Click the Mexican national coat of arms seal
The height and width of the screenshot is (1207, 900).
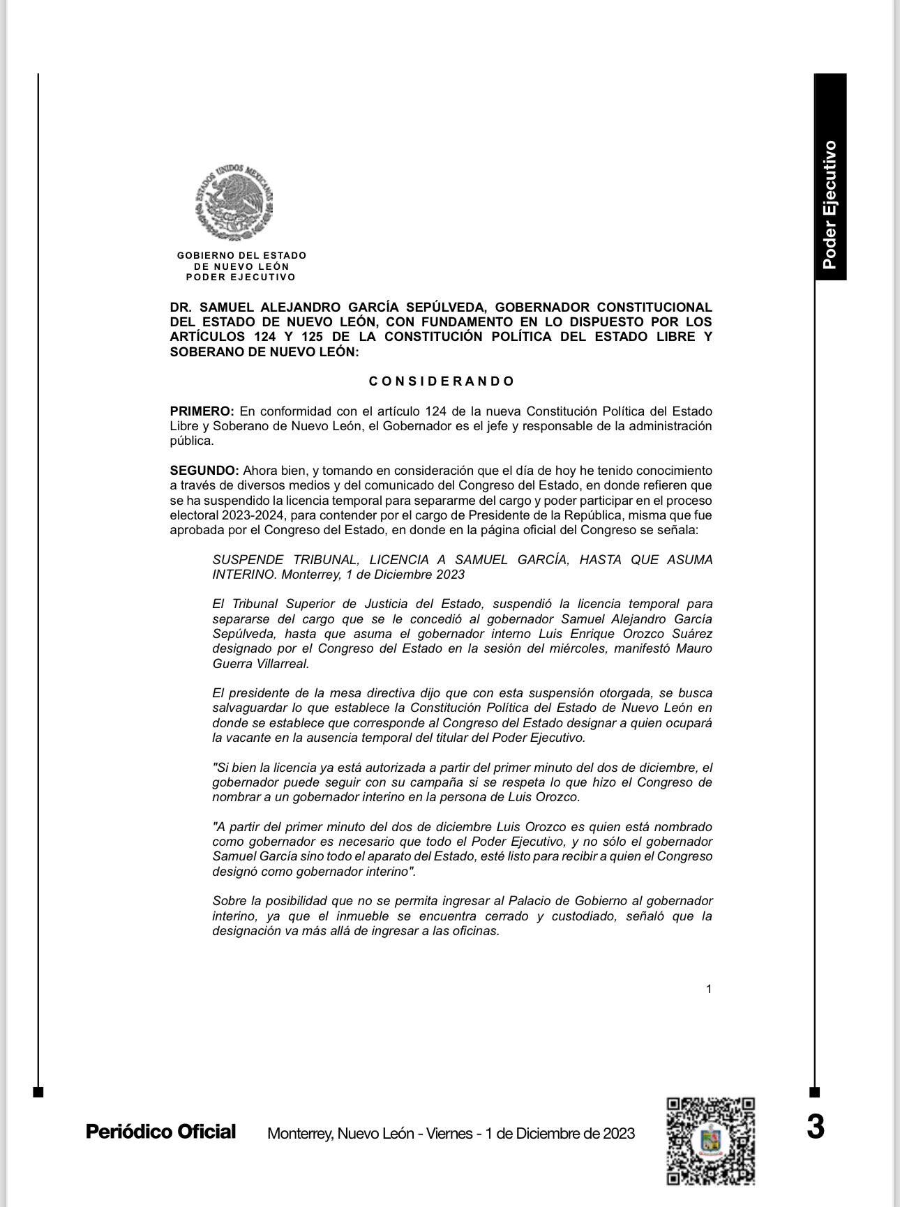(234, 204)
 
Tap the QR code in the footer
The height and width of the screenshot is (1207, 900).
(711, 1141)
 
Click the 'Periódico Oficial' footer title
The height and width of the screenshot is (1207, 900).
(160, 1131)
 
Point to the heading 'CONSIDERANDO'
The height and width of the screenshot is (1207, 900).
(442, 381)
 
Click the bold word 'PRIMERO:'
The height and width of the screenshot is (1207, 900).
(202, 411)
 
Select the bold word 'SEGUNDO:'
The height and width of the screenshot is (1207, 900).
(204, 471)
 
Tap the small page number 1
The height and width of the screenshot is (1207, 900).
(709, 989)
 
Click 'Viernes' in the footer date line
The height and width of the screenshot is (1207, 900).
(452, 1133)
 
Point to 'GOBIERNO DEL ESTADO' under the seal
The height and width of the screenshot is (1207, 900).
(241, 256)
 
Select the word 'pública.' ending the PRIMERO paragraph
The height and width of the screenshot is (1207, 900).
(192, 441)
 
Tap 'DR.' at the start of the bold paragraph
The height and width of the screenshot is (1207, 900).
(181, 308)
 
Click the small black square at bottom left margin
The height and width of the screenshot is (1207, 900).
(38, 1092)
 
